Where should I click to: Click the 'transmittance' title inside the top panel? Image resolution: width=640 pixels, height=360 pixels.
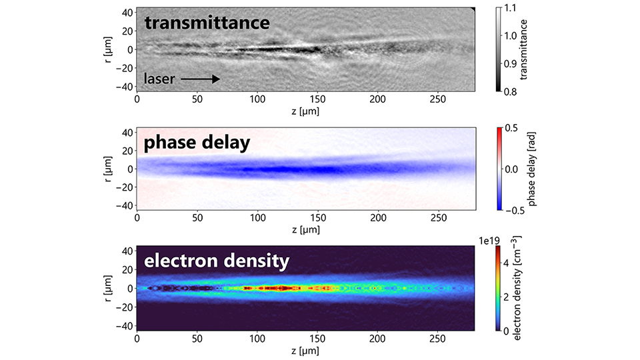pyautogui.click(x=207, y=23)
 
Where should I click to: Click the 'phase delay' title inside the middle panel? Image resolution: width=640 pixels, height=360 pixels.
pyautogui.click(x=197, y=143)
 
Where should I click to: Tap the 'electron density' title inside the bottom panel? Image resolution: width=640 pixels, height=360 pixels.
pyautogui.click(x=217, y=261)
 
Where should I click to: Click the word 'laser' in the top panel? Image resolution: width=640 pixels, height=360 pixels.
pyautogui.click(x=159, y=79)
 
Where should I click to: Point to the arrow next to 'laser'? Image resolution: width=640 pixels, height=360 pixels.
pyautogui.click(x=200, y=79)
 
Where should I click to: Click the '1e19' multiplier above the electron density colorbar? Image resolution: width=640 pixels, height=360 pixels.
pyautogui.click(x=505, y=240)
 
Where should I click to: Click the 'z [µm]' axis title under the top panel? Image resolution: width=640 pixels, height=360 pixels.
pyautogui.click(x=305, y=111)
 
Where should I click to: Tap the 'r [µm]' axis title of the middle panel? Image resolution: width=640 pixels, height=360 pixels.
pyautogui.click(x=107, y=169)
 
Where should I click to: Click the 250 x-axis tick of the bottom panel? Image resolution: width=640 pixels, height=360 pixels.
pyautogui.click(x=437, y=338)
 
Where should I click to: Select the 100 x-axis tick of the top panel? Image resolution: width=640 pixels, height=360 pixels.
pyautogui.click(x=257, y=99)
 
